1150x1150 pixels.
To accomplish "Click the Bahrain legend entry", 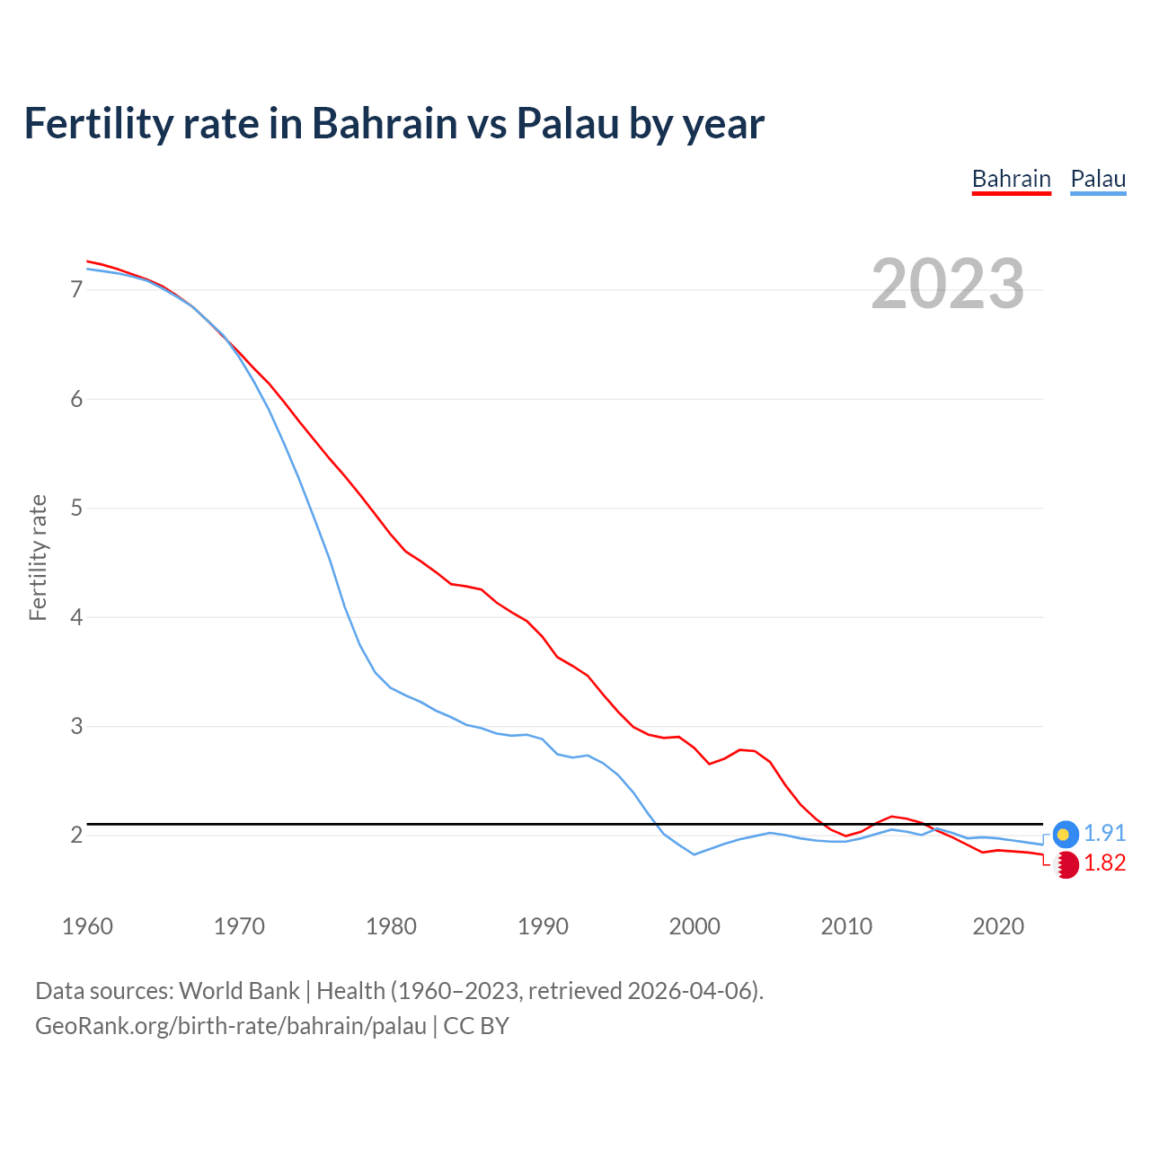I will (1011, 179).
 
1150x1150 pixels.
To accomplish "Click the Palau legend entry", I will (1098, 179).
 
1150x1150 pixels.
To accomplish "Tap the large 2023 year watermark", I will (947, 284).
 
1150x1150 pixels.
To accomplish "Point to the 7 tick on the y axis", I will (76, 289).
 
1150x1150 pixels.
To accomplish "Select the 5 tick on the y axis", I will (76, 509).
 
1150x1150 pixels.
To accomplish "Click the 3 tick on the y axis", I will (76, 726).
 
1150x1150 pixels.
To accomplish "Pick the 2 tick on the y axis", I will (76, 836).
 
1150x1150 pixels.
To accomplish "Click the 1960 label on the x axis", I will (87, 926).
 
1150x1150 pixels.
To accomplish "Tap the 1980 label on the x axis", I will (391, 926).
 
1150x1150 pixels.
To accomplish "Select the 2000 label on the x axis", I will (694, 926).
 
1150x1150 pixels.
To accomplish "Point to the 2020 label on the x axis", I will (998, 926).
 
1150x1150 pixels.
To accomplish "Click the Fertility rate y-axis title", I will (38, 557).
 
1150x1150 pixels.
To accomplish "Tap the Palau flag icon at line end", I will (1065, 834).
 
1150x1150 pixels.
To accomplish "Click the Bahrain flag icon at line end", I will (1066, 864).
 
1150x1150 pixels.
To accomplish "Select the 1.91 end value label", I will (1104, 834).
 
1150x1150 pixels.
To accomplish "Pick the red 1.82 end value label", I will (1104, 863).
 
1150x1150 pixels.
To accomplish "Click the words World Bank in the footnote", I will (239, 991).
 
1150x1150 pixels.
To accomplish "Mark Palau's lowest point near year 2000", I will (694, 854).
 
